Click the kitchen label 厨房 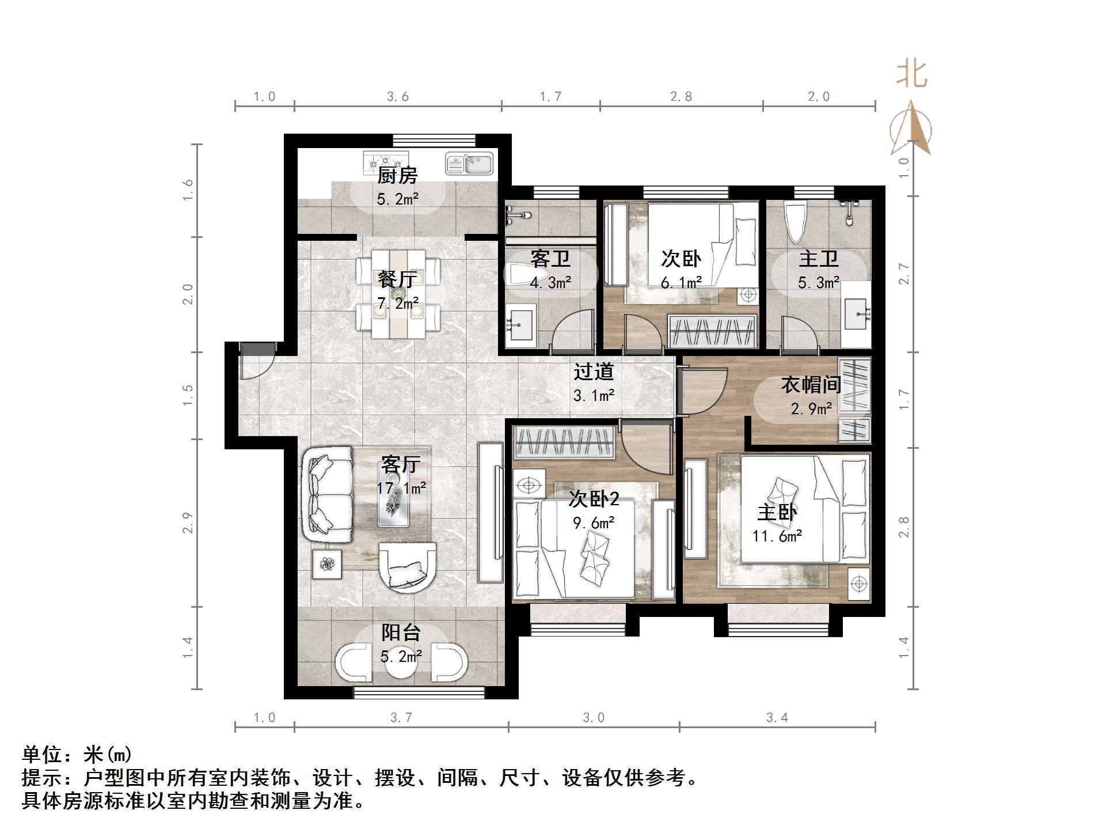[397, 175]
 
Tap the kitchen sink [469, 164]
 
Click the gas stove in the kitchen [385, 162]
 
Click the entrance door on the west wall [256, 362]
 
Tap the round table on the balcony [401, 663]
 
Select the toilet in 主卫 [796, 222]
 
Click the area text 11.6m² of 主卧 [777, 536]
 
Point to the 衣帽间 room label [811, 385]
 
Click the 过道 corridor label [594, 372]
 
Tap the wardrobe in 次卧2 [564, 442]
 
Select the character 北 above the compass [911, 75]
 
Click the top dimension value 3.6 [397, 97]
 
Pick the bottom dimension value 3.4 [777, 718]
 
